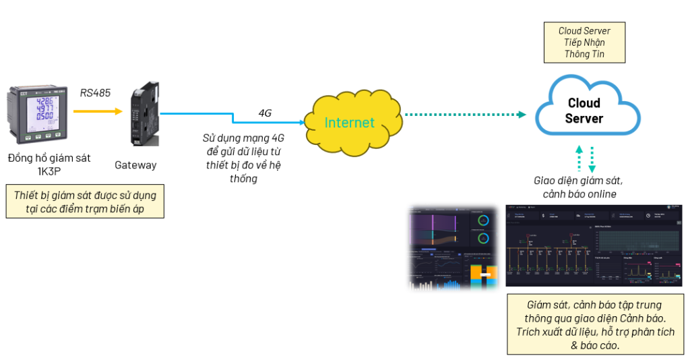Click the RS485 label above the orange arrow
tap(95, 92)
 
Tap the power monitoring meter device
tap(38, 114)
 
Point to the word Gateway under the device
tap(135, 164)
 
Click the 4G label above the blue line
tap(265, 113)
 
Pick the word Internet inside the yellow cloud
tap(349, 123)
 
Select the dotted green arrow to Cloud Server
tap(465, 115)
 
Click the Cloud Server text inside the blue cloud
tap(584, 111)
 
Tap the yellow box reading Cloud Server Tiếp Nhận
tap(584, 42)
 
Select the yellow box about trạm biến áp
tap(85, 202)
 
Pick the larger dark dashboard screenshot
tap(594, 245)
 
